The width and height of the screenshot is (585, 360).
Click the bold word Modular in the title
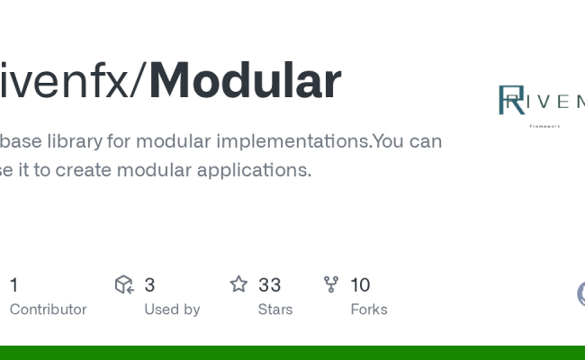(x=245, y=81)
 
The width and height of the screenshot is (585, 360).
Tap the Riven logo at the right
(x=540, y=100)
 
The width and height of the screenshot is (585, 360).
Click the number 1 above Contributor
(x=13, y=285)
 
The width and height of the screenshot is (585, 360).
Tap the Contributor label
(x=48, y=310)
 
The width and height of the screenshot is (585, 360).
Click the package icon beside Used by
(x=124, y=285)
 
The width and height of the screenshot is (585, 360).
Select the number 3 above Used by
(x=149, y=285)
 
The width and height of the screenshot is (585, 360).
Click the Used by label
(x=172, y=310)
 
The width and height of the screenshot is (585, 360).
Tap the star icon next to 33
(x=238, y=285)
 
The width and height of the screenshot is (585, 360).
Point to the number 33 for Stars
(x=269, y=285)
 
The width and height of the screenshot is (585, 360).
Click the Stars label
(x=275, y=310)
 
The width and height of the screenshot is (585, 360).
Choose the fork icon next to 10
(x=331, y=285)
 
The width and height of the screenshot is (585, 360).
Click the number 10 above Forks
(x=360, y=285)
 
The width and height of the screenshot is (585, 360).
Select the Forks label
(x=369, y=310)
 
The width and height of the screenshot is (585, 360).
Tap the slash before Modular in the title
(x=139, y=81)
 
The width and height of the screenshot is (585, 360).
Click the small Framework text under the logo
(x=544, y=126)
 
